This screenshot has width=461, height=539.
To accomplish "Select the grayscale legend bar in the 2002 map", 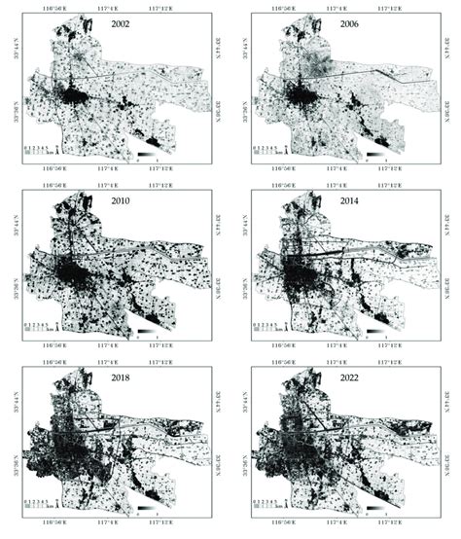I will pyautogui.click(x=143, y=155).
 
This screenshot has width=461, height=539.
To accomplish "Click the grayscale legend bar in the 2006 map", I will pyautogui.click(x=374, y=155).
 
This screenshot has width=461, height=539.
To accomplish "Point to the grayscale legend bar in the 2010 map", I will pyautogui.click(x=143, y=333).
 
